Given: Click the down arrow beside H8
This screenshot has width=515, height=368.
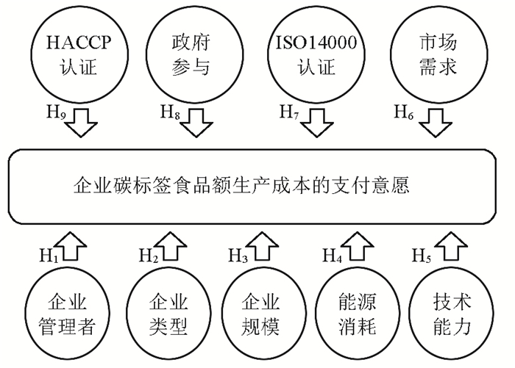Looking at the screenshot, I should pyautogui.click(x=196, y=122).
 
